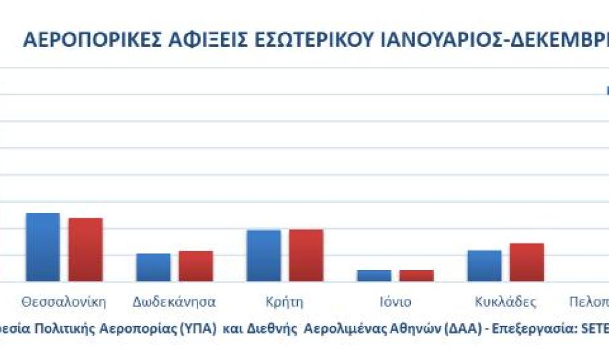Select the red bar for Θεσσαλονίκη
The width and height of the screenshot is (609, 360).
pyautogui.click(x=85, y=250)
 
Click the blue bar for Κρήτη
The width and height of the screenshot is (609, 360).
pyautogui.click(x=263, y=256)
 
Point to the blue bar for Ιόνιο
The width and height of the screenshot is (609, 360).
pyautogui.click(x=374, y=275)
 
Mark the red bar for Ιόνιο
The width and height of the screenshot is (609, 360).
pyautogui.click(x=416, y=275)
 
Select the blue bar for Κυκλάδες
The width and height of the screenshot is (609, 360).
pyautogui.click(x=484, y=266)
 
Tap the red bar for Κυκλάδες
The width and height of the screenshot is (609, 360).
pyautogui.click(x=526, y=263)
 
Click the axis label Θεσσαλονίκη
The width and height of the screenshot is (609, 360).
pyautogui.click(x=64, y=302)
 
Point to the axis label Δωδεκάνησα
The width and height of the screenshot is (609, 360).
pyautogui.click(x=174, y=302)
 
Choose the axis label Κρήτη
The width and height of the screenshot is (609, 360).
pyautogui.click(x=285, y=302)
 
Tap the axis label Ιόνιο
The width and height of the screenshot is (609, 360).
pyautogui.click(x=395, y=302)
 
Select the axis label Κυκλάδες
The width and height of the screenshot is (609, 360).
pyautogui.click(x=505, y=302)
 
